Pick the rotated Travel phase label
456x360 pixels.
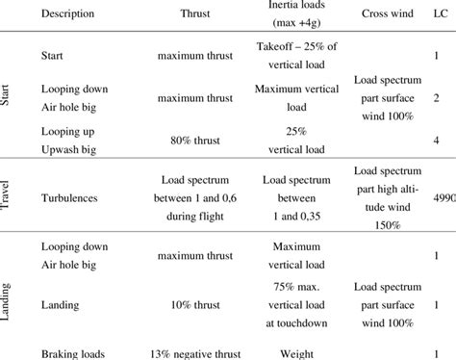9,186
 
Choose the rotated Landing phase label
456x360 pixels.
9,295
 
